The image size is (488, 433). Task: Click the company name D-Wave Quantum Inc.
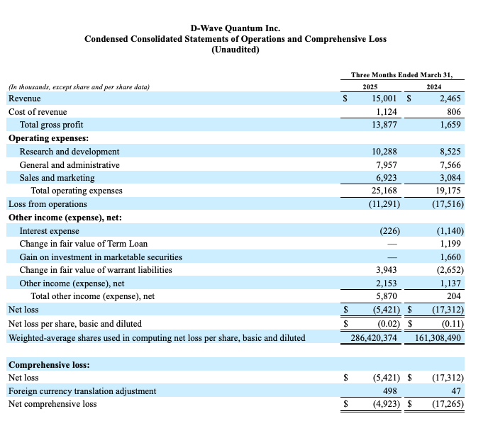[x=235, y=28]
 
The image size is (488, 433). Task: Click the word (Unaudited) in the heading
[x=235, y=50]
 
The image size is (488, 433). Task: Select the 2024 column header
[x=433, y=87]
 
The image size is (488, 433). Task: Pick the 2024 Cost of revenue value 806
[x=454, y=112]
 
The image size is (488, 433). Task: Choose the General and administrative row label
[x=70, y=164]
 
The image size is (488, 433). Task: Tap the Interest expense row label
[x=49, y=231]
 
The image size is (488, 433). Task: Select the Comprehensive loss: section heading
[x=54, y=365]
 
